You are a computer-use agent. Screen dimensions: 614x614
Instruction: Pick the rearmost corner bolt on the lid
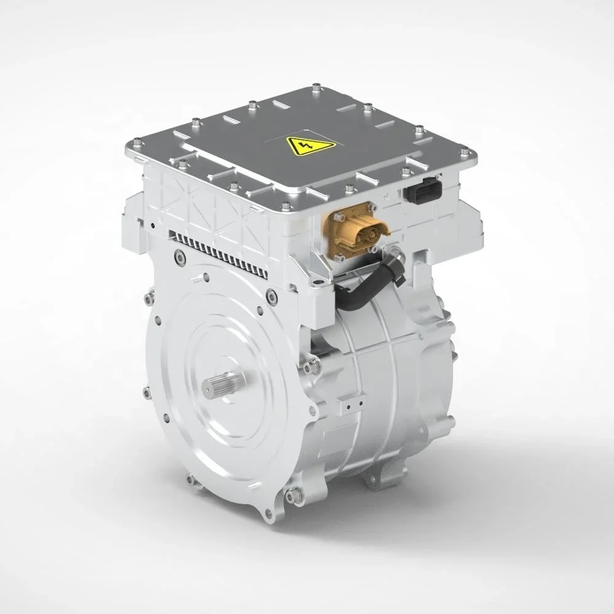click(316, 86)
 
